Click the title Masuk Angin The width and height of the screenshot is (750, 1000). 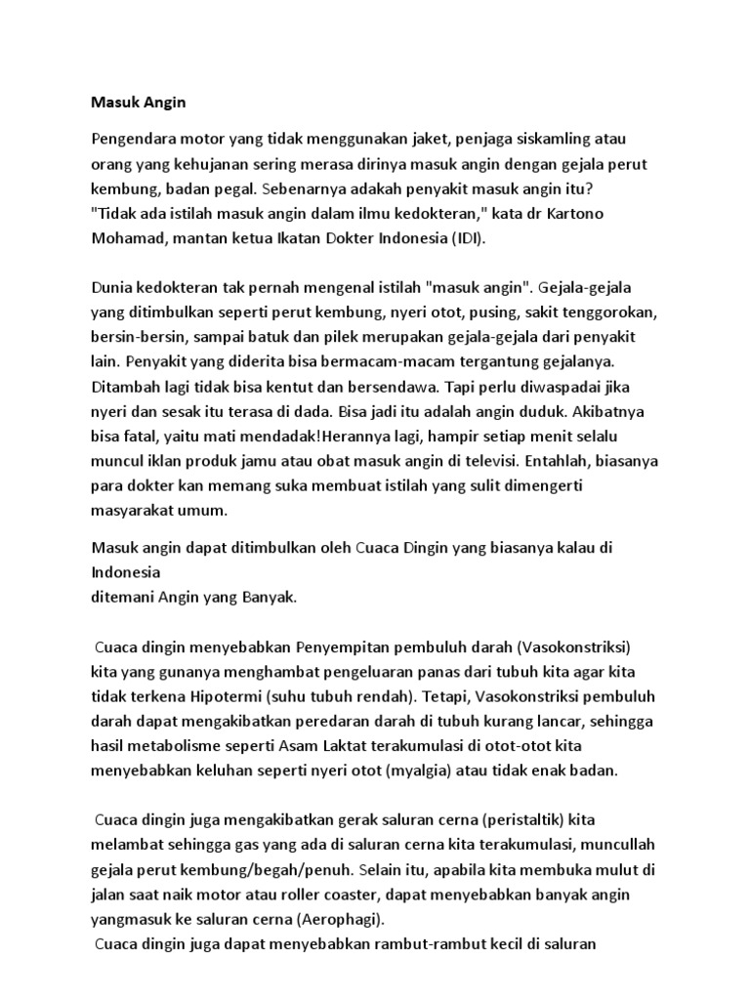tap(132, 101)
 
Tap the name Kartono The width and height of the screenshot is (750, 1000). tap(589, 212)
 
